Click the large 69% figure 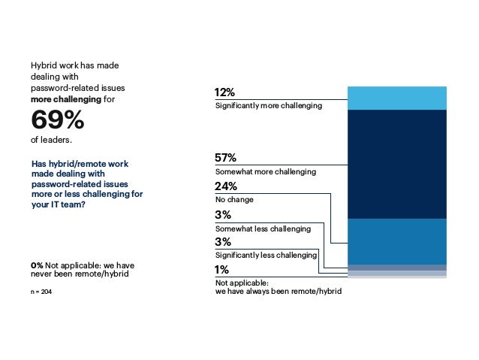(57, 120)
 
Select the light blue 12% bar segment (397, 98)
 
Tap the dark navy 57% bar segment (397, 164)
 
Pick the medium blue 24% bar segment (397, 241)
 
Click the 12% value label (225, 92)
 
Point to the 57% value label (225, 158)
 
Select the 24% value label (226, 186)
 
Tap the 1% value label (221, 270)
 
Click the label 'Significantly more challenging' (268, 106)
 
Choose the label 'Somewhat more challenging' (265, 172)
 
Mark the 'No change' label (234, 200)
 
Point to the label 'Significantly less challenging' (266, 256)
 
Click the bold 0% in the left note (37, 265)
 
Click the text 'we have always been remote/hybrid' (278, 292)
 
